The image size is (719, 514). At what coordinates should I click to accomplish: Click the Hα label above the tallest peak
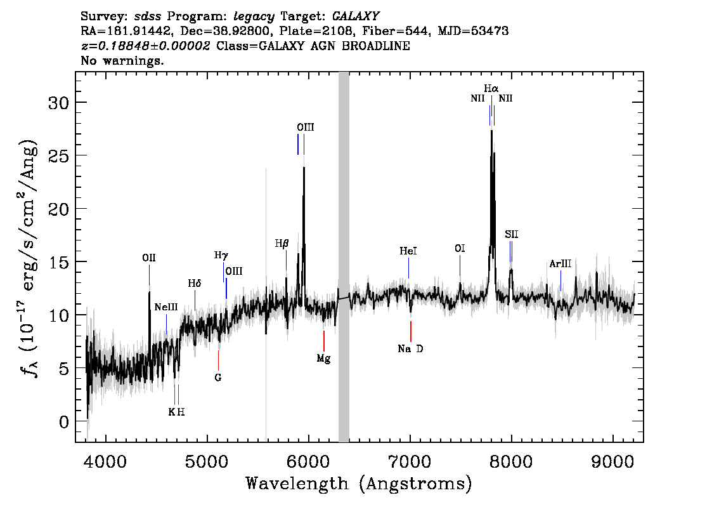pos(491,88)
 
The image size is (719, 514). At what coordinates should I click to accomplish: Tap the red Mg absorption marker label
pos(324,359)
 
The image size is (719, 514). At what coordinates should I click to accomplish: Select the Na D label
pos(410,349)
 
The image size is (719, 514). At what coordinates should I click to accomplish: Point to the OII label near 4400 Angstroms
pos(149,258)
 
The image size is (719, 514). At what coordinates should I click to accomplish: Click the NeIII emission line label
pos(166,307)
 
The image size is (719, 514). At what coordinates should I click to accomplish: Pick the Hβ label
pos(282,244)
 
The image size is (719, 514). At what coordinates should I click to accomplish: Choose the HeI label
pos(408,251)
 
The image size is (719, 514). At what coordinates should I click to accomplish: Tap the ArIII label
pos(560,264)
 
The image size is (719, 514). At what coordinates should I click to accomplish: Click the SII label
pos(511,235)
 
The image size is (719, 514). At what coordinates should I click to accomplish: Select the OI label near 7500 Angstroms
pos(460,248)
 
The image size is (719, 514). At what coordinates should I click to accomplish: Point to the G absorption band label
pos(218,378)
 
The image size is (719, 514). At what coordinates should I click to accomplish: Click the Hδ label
pos(195,283)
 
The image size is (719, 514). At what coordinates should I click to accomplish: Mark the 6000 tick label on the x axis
pos(309,461)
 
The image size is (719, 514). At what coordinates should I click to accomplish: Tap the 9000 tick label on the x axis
pos(612,461)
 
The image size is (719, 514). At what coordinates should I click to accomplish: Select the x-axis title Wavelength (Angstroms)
pos(359,484)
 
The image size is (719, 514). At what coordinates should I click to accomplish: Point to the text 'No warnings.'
pos(122,60)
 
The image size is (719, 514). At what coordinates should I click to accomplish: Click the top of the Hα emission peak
pos(491,131)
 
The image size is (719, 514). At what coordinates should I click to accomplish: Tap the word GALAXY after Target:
pos(355,16)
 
